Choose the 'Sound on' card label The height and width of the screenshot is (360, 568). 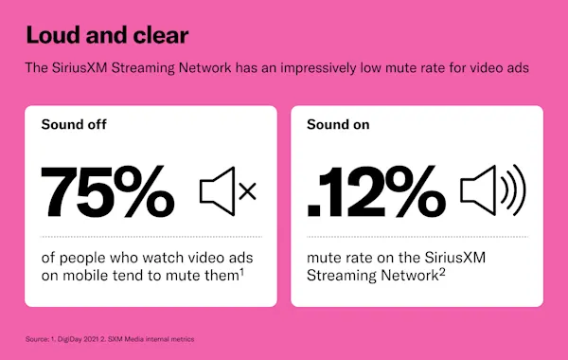(338, 123)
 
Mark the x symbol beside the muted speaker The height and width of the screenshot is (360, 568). (247, 191)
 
